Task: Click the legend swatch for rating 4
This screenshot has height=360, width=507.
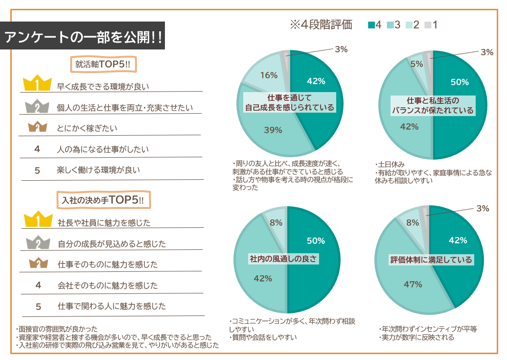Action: click(371, 24)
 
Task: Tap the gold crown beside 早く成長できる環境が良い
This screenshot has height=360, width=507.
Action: click(37, 84)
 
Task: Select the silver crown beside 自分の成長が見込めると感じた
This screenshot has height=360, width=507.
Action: click(38, 242)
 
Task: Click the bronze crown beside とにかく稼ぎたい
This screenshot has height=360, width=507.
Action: click(37, 127)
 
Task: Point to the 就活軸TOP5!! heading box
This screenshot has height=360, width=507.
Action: click(102, 64)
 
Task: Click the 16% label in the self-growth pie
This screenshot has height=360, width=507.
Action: click(269, 75)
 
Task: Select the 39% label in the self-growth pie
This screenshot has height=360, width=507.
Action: click(273, 130)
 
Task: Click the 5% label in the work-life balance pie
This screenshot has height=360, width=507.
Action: click(417, 64)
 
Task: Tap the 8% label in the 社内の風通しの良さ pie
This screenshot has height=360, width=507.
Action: click(276, 222)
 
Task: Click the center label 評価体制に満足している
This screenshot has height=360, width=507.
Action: click(431, 260)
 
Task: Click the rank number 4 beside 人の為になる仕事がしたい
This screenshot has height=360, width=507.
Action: click(37, 149)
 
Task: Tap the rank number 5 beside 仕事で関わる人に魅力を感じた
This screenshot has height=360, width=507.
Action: click(38, 307)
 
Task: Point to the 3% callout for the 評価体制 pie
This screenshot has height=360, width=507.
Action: click(483, 208)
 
